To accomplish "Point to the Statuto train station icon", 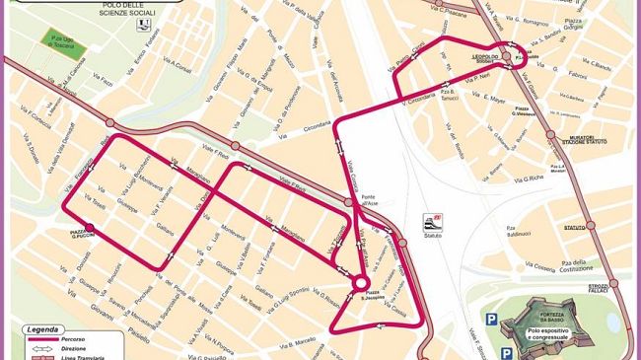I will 432,221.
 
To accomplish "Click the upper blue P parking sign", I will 491,318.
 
